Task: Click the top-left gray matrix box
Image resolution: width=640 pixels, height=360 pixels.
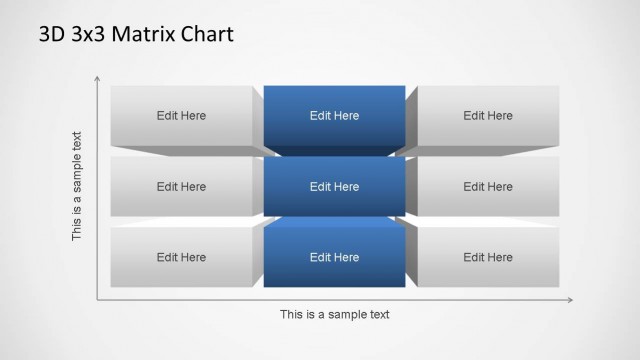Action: coord(181,116)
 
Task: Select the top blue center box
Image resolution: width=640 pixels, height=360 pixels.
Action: coord(334,116)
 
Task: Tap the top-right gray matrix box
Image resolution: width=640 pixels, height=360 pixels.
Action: coord(488,116)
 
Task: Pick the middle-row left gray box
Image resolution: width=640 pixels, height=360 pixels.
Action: coord(181,187)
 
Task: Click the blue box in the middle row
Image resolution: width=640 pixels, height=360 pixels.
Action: coord(334,187)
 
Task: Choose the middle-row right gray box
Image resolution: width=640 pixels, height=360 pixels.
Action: coord(488,187)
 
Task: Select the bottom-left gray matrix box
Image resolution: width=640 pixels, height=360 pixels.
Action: coord(181,258)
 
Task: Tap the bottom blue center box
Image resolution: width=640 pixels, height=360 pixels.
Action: coord(334,258)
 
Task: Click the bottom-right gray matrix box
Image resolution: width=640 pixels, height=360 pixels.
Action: coord(488,258)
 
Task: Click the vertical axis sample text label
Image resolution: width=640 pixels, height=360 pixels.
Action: coord(77,186)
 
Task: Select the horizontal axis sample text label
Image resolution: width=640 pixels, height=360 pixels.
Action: coord(334,314)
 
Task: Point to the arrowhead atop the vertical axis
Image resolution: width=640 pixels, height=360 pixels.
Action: coord(97,78)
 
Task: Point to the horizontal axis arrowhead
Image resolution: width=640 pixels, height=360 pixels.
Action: coord(570,299)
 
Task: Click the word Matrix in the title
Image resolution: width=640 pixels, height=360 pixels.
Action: coord(142,35)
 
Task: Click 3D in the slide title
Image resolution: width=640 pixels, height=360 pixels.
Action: coord(52,35)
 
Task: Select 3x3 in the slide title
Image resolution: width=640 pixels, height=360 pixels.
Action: coord(88,35)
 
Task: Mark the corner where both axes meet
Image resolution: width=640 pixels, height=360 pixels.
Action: coord(97,299)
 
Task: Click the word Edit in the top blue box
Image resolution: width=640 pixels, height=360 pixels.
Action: coord(321,116)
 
